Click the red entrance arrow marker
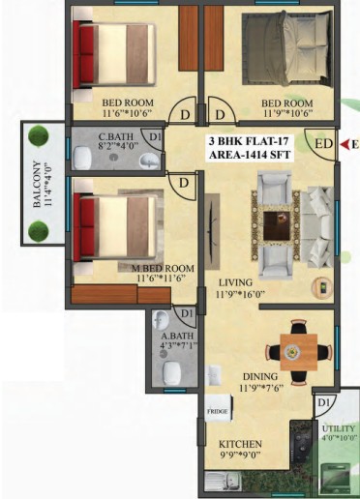coord(346,145)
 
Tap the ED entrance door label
coord(323,144)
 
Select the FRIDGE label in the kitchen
coord(217,411)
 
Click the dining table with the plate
coord(298,352)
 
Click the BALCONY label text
coord(37,185)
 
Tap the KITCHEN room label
coord(240,444)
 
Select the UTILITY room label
coord(339,428)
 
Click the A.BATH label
coord(177,336)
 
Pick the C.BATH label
coord(116,136)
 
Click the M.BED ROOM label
coord(163,268)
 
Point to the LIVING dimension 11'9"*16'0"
coord(241,294)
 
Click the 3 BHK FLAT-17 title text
coord(249,141)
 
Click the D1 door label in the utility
coord(323,403)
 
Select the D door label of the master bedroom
coord(184,183)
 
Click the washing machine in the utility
coord(337,478)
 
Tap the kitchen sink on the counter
coord(223,482)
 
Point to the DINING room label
coord(260,376)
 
